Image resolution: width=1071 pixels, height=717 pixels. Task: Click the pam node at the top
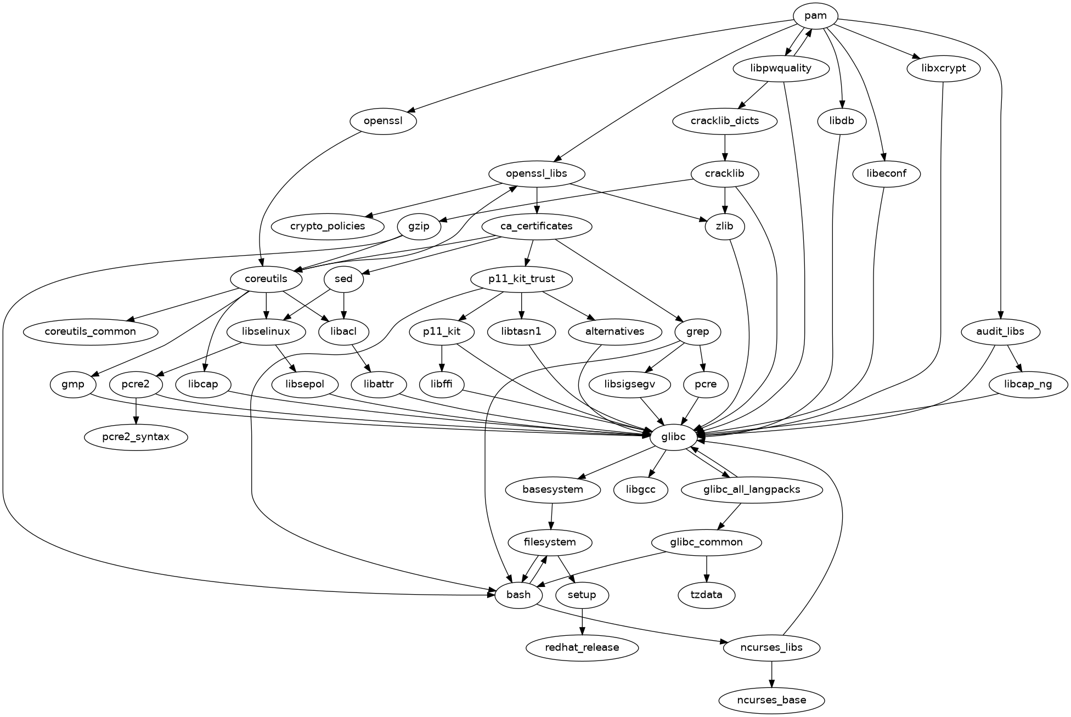pyautogui.click(x=815, y=16)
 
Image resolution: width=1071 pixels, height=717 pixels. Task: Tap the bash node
pyautogui.click(x=518, y=595)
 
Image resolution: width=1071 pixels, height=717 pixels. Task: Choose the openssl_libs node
pyautogui.click(x=537, y=174)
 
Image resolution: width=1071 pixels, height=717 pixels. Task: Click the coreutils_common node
pyautogui.click(x=91, y=332)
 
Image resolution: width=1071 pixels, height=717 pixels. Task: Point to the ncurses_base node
pyautogui.click(x=771, y=700)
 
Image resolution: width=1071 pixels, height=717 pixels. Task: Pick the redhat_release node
pyautogui.click(x=582, y=647)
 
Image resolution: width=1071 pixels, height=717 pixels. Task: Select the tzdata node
pyautogui.click(x=706, y=595)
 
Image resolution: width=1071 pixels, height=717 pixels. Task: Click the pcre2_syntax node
pyautogui.click(x=136, y=437)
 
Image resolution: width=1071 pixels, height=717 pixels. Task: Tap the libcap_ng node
pyautogui.click(x=1028, y=385)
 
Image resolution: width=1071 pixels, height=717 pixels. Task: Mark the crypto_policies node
pyautogui.click(x=328, y=227)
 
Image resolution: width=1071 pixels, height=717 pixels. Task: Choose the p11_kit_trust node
pyautogui.click(x=521, y=279)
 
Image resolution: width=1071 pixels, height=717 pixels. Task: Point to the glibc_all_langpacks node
pyautogui.click(x=751, y=489)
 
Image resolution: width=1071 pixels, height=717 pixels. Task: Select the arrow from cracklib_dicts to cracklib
pyautogui.click(x=725, y=147)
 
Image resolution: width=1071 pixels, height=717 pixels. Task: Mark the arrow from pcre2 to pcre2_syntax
pyautogui.click(x=136, y=411)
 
